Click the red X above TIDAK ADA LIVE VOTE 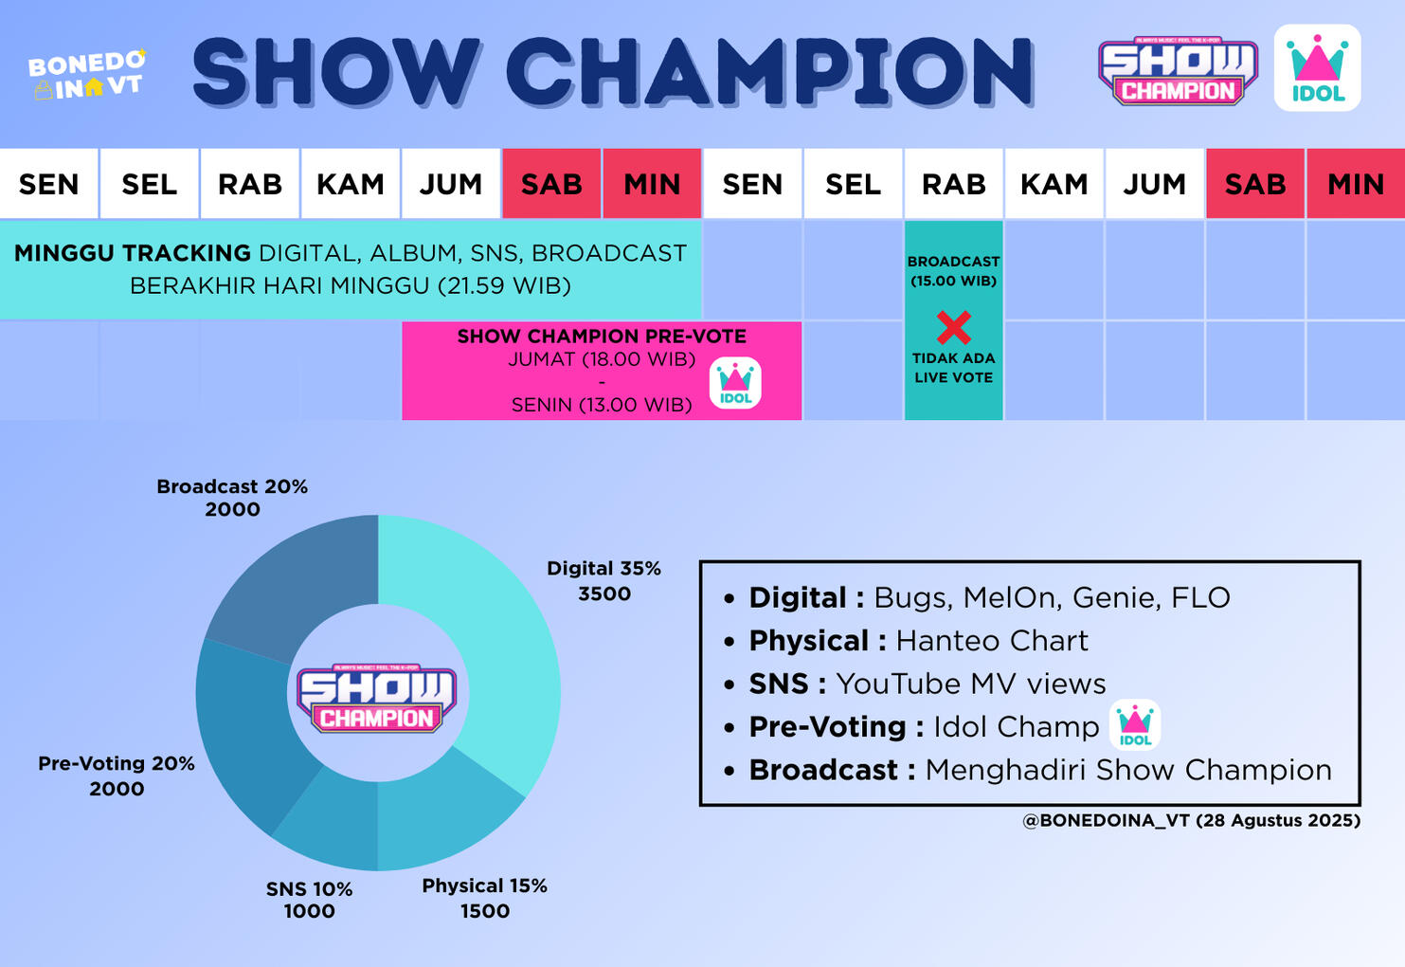(x=953, y=327)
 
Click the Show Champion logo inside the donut (x=377, y=697)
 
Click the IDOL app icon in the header (x=1317, y=68)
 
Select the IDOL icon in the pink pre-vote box (x=735, y=383)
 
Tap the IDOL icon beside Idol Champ (x=1135, y=725)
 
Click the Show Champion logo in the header (x=1178, y=71)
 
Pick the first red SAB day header (x=551, y=184)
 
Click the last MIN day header (x=1355, y=184)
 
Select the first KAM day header (x=351, y=184)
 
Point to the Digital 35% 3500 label (x=603, y=580)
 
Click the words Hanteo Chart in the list (x=992, y=641)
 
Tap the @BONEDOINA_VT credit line (x=1191, y=820)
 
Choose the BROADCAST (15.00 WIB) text (x=953, y=270)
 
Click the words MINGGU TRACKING (x=133, y=253)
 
